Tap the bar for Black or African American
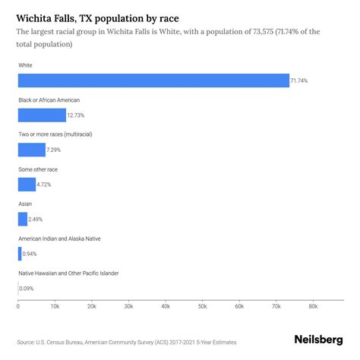[42, 115]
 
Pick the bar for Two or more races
[32, 150]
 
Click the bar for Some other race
[27, 184]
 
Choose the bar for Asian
[22, 219]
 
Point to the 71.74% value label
[300, 81]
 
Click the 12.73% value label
[77, 115]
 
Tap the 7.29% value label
[55, 150]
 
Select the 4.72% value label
[46, 184]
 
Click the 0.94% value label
[29, 253]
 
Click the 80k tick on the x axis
[312, 306]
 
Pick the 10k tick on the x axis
[55, 306]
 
